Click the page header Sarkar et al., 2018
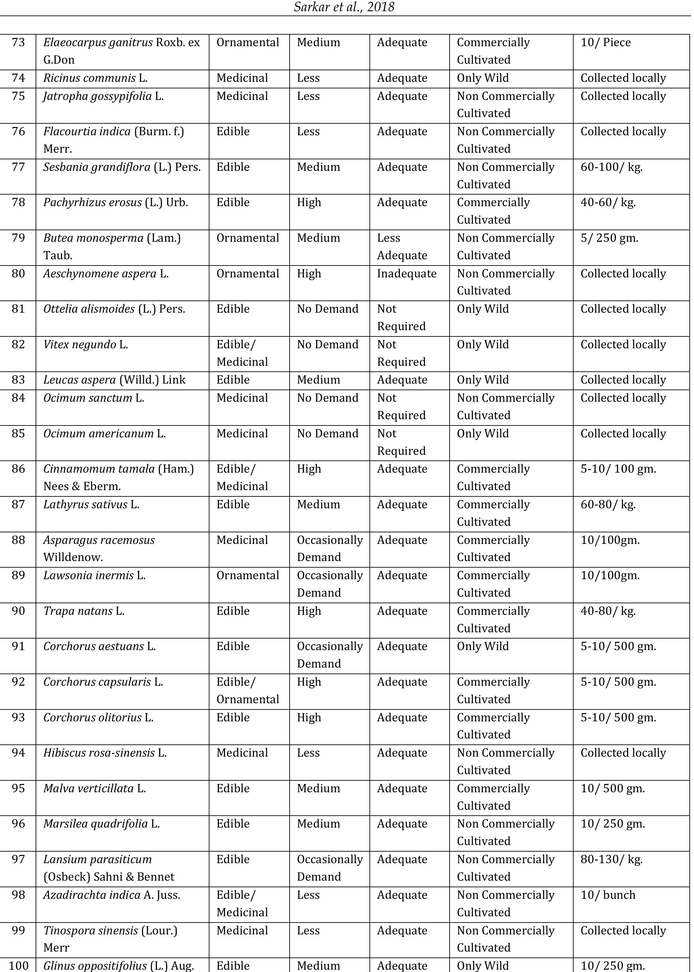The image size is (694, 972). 344,7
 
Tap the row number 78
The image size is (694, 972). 18,203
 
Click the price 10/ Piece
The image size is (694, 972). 605,43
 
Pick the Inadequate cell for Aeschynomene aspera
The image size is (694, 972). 406,274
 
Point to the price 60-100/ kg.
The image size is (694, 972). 611,167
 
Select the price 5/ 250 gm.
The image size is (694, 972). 609,238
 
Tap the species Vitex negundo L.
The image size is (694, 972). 85,345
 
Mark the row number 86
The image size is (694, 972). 18,469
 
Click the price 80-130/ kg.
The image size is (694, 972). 611,860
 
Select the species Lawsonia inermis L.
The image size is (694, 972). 94,576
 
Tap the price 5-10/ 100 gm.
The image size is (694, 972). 617,469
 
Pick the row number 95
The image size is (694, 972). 18,789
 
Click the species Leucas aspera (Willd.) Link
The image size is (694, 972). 114,380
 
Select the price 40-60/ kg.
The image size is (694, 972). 608,203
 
